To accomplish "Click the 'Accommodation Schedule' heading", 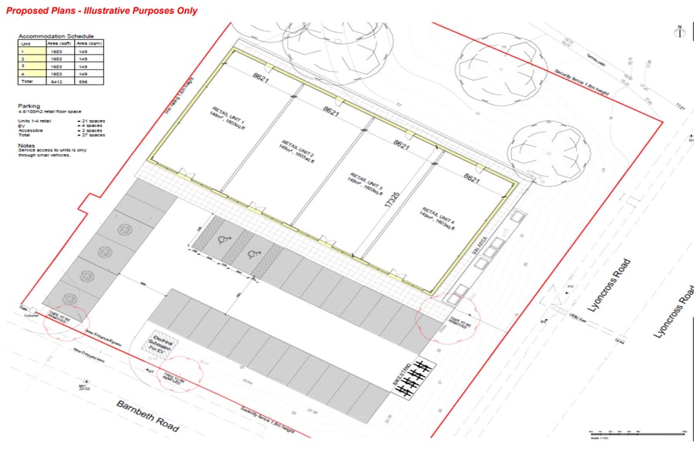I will click(56, 36).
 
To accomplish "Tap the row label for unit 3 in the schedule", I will click(25, 66).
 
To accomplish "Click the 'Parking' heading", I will click(29, 106).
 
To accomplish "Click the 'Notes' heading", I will click(26, 144).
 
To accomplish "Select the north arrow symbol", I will click(679, 32).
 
